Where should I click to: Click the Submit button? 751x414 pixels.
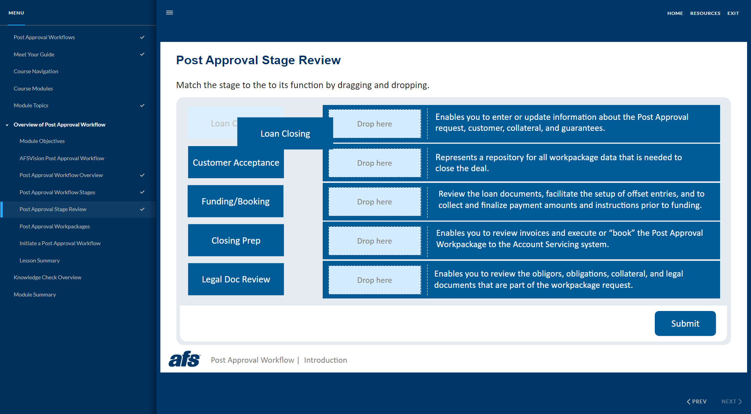[x=685, y=324]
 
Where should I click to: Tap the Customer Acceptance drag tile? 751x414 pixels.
[x=236, y=163]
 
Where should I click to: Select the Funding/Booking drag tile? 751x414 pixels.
[x=235, y=201]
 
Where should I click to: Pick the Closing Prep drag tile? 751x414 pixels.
[x=236, y=240]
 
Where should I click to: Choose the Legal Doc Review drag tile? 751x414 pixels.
[x=236, y=279]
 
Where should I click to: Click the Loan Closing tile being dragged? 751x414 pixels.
[x=285, y=134]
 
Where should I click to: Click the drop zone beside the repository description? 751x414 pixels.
[x=374, y=163]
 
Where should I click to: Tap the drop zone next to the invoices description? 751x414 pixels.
[x=374, y=241]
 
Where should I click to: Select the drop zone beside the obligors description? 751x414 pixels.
[x=374, y=280]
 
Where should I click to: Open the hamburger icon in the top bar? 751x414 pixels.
[x=169, y=13]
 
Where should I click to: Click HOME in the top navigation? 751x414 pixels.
[x=675, y=13]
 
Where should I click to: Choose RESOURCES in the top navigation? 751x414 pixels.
[x=705, y=13]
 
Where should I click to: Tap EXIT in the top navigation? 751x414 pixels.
[x=733, y=13]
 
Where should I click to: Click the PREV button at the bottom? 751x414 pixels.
[x=697, y=401]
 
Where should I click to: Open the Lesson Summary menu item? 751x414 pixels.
[x=40, y=260]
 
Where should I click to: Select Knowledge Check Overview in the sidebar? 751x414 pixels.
[x=47, y=277]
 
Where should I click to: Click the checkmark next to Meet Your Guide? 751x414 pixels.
[x=142, y=54]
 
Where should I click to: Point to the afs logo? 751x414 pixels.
[x=184, y=359]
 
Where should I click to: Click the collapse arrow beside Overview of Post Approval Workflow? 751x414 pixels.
[x=7, y=125]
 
